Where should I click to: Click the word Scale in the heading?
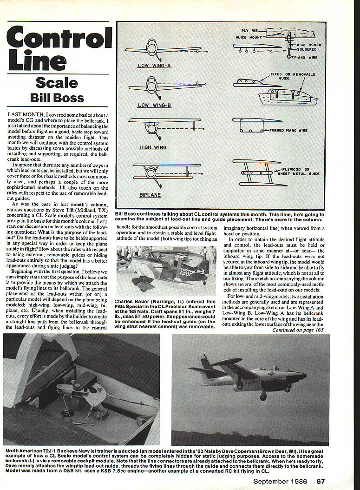(57, 83)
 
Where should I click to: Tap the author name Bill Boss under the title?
(57, 98)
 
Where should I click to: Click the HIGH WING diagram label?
(153, 147)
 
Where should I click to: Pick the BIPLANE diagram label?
(151, 195)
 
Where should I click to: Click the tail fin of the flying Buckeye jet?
(206, 362)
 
